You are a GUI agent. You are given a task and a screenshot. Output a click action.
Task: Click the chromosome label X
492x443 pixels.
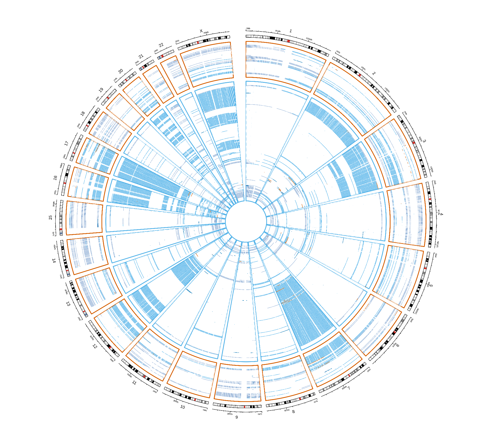pos(201,31)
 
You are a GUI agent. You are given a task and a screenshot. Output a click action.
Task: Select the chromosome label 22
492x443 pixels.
pos(161,45)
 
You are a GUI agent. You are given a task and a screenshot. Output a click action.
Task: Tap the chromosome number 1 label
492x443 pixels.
pos(291,31)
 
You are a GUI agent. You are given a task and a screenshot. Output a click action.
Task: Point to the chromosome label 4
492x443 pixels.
pos(442,214)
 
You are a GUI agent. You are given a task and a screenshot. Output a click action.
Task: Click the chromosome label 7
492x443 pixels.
pos(349,388)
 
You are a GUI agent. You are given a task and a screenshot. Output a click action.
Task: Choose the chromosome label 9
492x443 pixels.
pos(237,417)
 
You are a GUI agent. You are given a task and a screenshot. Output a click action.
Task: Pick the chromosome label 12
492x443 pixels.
pos(95,347)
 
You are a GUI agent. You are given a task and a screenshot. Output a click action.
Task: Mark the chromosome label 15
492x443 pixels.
pos(50,217)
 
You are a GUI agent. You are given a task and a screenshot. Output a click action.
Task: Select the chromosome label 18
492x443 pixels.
pos(83,113)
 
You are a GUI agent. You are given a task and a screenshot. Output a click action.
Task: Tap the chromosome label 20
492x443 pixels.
pos(120,71)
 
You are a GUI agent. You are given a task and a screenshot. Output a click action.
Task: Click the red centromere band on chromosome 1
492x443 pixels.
pos(289,41)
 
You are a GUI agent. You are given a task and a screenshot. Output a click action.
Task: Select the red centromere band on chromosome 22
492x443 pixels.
pos(162,56)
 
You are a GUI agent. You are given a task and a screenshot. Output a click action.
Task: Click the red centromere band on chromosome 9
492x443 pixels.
pos(244,407)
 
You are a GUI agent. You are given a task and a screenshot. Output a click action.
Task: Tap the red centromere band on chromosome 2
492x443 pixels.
pos(360,75)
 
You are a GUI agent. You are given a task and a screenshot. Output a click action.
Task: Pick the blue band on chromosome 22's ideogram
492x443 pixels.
pos(159,58)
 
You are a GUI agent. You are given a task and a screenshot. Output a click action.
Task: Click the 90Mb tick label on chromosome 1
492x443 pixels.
pos(278,31)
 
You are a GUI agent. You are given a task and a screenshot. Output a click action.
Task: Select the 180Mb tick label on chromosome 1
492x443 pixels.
pos(309,39)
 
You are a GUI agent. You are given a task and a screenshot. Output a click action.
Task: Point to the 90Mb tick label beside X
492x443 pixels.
pos(206,33)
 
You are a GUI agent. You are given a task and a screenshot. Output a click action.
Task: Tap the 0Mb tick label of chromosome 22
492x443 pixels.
pos(156,51)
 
